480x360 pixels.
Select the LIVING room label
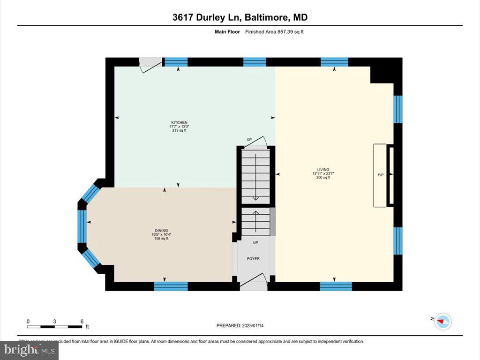point(323,169)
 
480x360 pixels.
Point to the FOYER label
point(253,259)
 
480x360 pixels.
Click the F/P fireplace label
point(381,175)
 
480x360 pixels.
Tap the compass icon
point(443,322)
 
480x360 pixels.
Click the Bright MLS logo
point(29,350)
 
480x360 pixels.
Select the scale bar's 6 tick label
point(82,321)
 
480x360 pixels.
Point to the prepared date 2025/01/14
point(243,325)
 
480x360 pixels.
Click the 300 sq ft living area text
point(323,178)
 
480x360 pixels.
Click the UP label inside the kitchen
point(249,140)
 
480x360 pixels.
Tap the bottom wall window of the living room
point(336,285)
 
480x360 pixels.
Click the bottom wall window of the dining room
point(171,285)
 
